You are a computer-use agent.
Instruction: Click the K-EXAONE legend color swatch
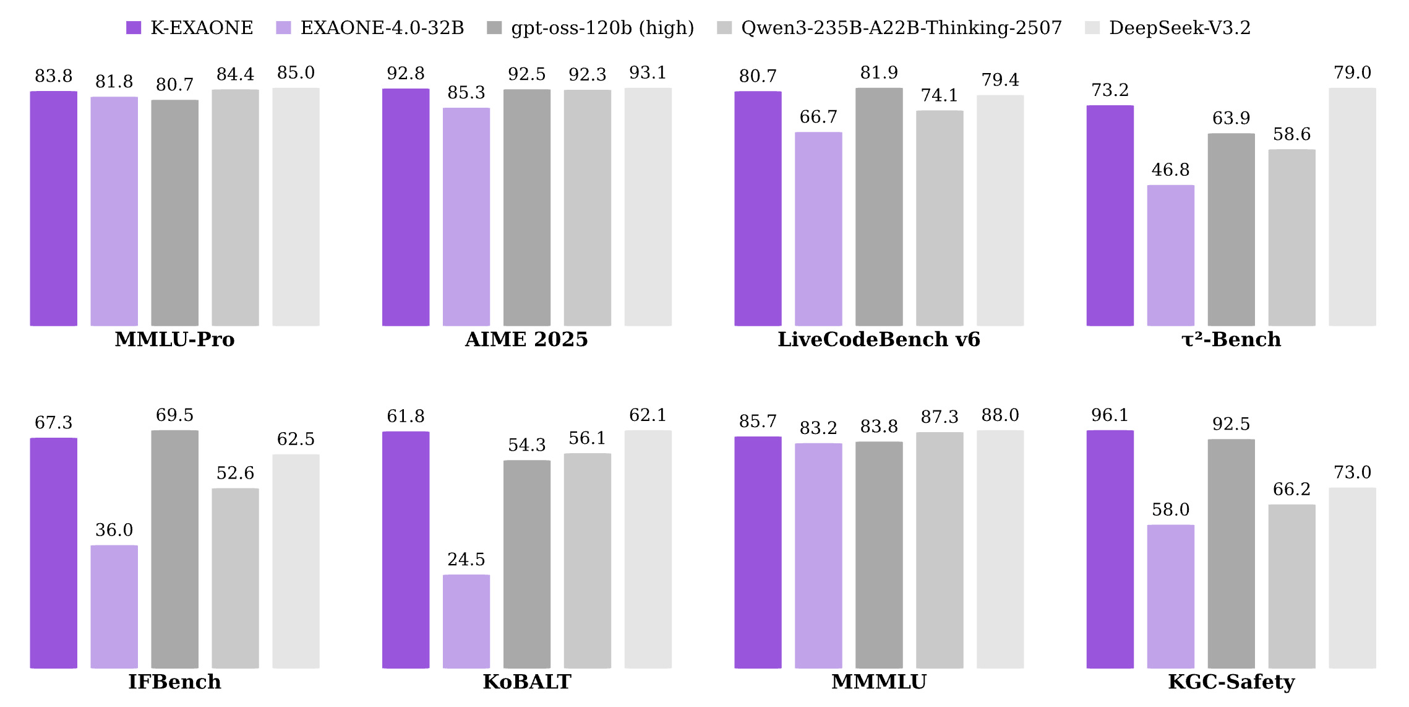pyautogui.click(x=134, y=28)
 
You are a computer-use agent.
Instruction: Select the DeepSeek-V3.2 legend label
pyautogui.click(x=1180, y=28)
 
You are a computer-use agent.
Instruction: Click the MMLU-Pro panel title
pyautogui.click(x=174, y=339)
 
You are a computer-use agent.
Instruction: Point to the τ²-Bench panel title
pyautogui.click(x=1231, y=339)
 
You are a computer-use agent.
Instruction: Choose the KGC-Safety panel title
pyautogui.click(x=1231, y=682)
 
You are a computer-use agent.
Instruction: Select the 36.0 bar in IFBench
pyautogui.click(x=114, y=606)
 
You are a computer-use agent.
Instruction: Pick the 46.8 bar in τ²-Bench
pyautogui.click(x=1170, y=255)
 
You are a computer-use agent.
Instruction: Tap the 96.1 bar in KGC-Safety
pyautogui.click(x=1110, y=549)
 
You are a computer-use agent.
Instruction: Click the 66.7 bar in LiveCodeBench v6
pyautogui.click(x=818, y=228)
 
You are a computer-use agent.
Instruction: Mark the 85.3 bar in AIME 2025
pyautogui.click(x=466, y=217)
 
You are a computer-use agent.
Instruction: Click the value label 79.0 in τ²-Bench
pyautogui.click(x=1352, y=73)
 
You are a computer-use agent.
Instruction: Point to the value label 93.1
pyautogui.click(x=648, y=73)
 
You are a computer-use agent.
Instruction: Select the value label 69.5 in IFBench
pyautogui.click(x=174, y=415)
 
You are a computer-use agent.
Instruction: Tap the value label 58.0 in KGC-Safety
pyautogui.click(x=1170, y=510)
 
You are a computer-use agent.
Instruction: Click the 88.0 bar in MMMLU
pyautogui.click(x=1000, y=549)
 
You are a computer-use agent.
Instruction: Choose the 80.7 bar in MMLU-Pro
pyautogui.click(x=175, y=212)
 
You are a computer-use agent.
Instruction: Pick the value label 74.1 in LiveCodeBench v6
pyautogui.click(x=939, y=96)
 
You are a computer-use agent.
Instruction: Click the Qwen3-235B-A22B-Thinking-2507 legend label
pyautogui.click(x=901, y=28)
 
